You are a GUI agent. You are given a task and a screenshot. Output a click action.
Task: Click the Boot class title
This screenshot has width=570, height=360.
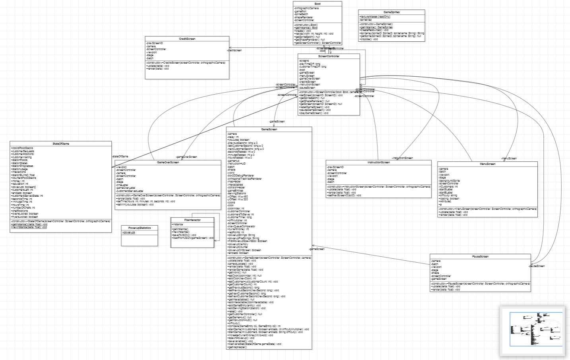318,4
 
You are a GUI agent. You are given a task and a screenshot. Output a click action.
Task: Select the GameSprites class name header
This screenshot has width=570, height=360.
392,12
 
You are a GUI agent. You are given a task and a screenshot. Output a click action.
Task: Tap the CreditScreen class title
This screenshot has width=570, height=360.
187,39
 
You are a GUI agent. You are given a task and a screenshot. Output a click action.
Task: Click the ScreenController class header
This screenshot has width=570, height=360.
329,56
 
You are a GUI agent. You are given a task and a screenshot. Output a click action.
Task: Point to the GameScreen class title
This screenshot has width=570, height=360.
269,130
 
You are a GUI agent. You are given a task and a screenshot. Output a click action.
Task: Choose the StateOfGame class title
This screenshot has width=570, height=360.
61,144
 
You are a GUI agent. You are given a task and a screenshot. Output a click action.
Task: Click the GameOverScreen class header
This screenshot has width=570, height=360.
168,163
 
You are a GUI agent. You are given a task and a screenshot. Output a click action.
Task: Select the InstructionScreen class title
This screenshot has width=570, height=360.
378,163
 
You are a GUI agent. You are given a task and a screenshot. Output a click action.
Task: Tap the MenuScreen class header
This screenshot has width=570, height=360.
487,164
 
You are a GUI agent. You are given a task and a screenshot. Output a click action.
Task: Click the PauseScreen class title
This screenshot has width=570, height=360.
480,257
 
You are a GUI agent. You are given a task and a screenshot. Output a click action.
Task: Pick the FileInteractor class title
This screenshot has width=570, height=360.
192,220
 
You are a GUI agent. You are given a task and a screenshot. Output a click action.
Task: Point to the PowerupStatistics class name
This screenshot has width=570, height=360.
140,228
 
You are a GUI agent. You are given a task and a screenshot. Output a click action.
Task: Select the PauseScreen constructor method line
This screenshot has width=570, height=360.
481,284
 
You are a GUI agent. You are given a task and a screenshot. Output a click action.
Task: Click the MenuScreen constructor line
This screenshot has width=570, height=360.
487,209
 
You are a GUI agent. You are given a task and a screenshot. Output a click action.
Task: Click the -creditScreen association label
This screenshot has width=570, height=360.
235,50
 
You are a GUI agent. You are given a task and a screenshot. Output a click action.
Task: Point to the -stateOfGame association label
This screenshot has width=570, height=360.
120,157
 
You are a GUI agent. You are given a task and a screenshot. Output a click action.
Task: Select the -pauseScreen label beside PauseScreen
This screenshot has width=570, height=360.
537,266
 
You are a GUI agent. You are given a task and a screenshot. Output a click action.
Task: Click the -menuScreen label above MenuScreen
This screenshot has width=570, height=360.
509,159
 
